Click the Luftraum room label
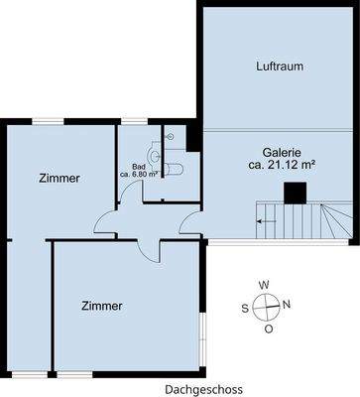tap(278, 66)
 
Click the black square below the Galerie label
tap(294, 193)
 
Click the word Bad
tap(139, 165)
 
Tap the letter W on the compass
tap(264, 284)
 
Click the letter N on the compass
tap(288, 305)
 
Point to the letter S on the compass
tap(244, 307)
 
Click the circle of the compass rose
tap(266, 306)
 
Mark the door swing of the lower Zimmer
tap(147, 242)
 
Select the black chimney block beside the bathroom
tap(193, 137)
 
